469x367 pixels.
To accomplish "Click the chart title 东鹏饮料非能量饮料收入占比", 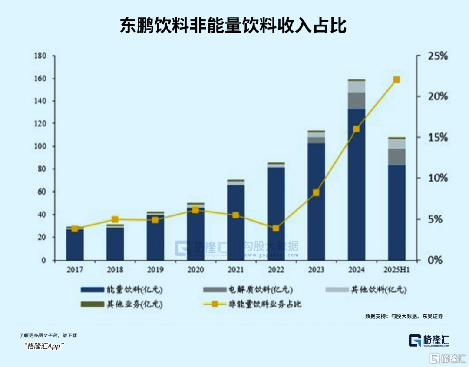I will (233, 26).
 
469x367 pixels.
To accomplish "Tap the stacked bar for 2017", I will (75, 244).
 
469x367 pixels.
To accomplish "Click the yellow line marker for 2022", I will (276, 228).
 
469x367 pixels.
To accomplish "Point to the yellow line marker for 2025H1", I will (396, 79).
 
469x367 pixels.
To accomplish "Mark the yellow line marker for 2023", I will (316, 192).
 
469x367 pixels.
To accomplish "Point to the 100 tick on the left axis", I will (40, 146).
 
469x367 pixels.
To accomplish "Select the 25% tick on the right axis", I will (426, 56).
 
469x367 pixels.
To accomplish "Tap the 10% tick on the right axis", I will (426, 178).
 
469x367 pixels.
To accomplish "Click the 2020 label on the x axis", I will (195, 270).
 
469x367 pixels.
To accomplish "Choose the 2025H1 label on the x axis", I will (396, 270).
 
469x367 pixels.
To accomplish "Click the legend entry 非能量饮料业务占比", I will (261, 304).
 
